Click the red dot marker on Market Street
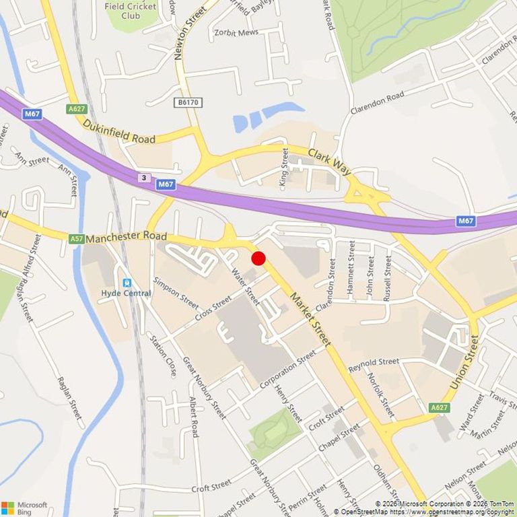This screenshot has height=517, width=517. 258,258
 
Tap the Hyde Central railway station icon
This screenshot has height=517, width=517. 126,283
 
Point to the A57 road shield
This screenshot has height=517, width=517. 76,238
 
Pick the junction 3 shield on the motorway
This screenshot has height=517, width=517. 143,178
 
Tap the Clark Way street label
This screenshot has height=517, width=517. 330,162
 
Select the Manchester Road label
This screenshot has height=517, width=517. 126,237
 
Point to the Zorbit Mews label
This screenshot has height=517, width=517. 236,32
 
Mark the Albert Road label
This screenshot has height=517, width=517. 194,417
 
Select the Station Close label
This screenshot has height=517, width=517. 164,355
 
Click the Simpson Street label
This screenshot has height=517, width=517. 176,292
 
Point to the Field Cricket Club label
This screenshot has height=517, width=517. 131,10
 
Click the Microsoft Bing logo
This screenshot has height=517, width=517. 24,508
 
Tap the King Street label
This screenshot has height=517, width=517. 284,170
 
